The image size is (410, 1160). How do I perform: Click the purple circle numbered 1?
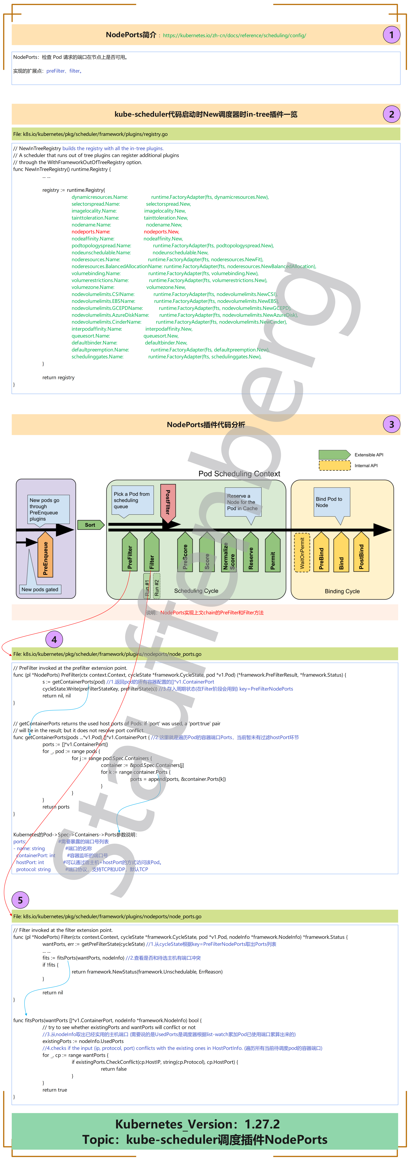click(391, 35)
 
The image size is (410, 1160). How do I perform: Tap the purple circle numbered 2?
click(391, 114)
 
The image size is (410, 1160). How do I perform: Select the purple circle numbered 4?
click(54, 639)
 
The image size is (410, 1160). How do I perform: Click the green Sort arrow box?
click(90, 525)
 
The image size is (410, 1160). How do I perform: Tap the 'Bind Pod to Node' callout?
click(332, 502)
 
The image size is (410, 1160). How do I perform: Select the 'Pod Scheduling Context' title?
click(239, 474)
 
